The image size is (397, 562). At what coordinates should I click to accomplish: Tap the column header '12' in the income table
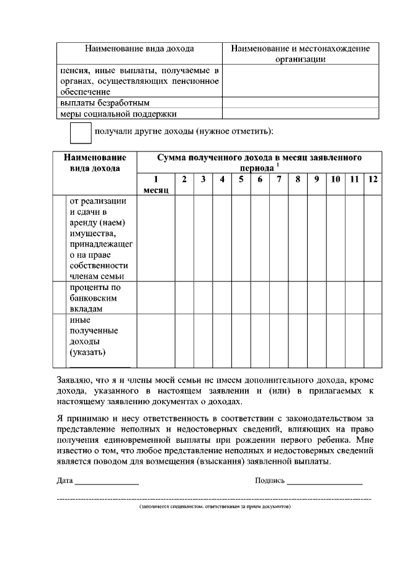372,179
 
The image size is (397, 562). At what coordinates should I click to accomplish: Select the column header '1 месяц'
156,184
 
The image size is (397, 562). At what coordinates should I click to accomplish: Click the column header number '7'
279,179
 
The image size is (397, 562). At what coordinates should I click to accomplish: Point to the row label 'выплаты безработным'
96,102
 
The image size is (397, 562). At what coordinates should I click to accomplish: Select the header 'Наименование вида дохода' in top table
139,48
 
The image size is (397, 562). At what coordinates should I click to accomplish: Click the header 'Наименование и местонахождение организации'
300,53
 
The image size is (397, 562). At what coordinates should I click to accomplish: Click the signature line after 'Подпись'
324,481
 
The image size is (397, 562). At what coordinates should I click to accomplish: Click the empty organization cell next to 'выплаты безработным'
300,102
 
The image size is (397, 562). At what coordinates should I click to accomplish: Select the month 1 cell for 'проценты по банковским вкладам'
156,297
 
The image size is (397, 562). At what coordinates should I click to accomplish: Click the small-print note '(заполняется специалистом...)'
215,507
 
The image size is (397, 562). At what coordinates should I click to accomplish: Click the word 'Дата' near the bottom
65,481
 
